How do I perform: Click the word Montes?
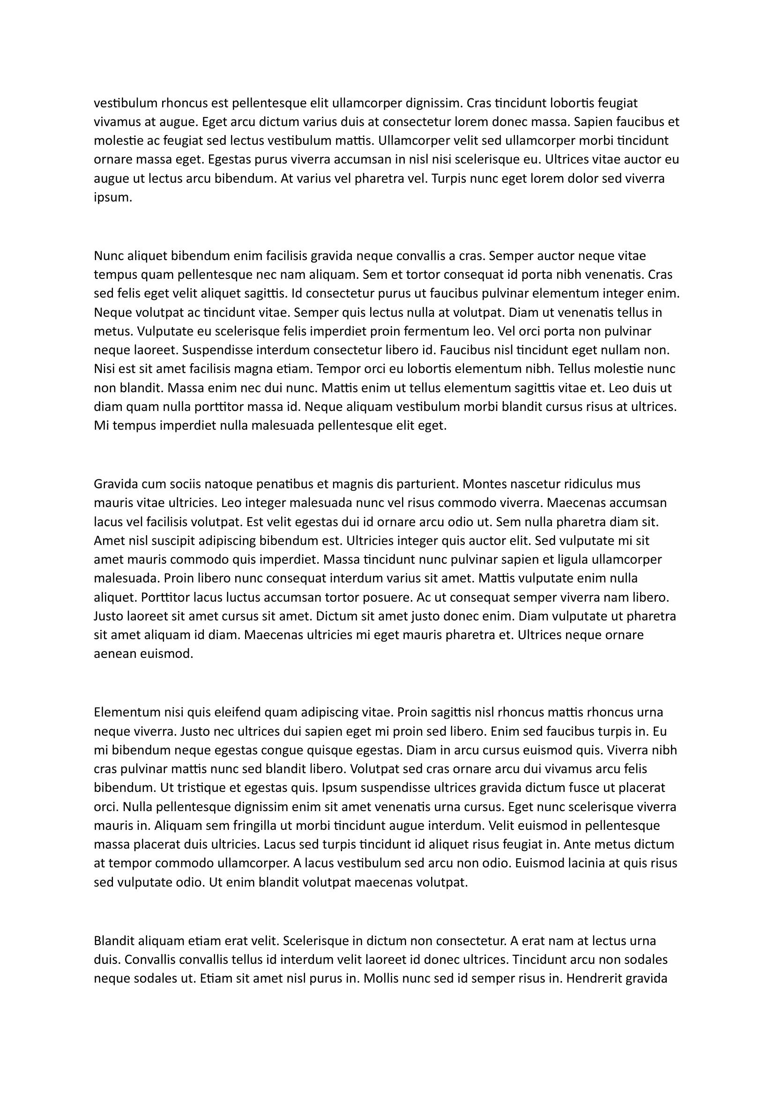click(x=484, y=484)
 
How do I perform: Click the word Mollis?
click(x=380, y=978)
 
